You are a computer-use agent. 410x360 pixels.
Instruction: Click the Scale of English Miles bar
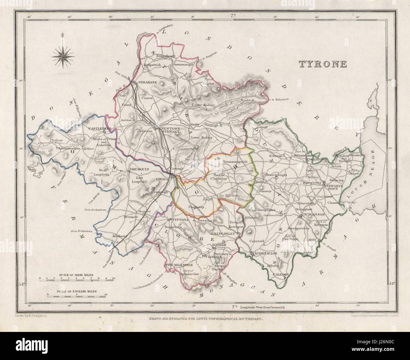pos(77,295)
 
